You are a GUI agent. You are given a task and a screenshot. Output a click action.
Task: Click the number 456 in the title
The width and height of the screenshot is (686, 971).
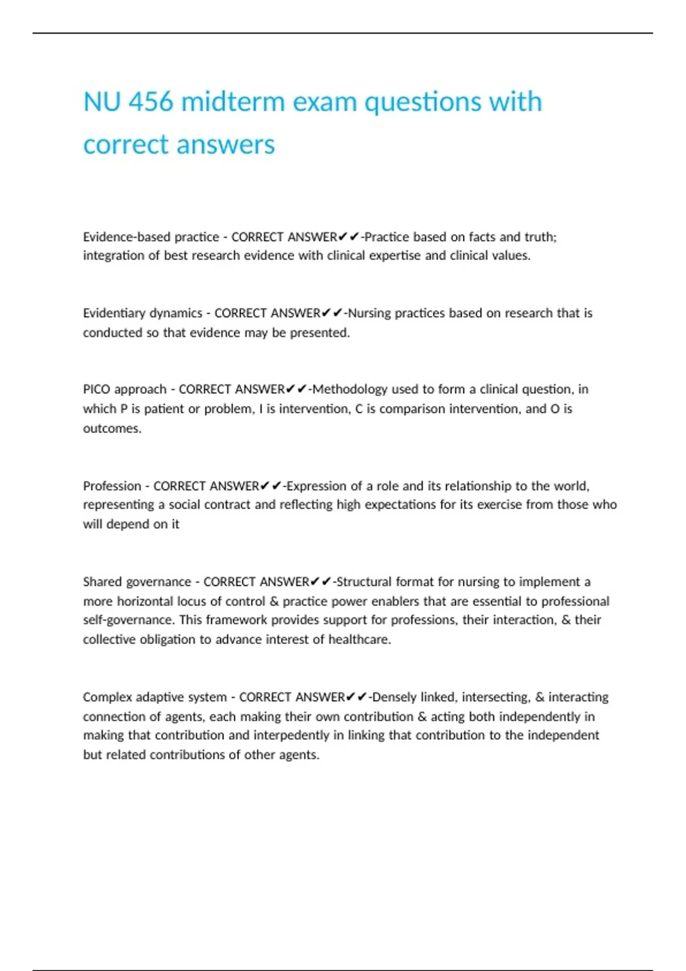tap(151, 102)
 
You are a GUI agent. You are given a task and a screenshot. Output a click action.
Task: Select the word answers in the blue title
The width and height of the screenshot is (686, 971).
tap(227, 145)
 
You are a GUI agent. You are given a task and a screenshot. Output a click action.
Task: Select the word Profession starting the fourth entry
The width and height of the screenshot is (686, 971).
tap(111, 486)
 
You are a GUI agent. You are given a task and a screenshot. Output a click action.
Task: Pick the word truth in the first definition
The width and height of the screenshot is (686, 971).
tap(539, 237)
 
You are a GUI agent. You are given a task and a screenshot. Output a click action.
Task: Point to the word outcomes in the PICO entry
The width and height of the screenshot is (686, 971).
tap(111, 428)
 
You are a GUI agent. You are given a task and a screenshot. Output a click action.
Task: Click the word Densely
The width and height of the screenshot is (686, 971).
tap(394, 697)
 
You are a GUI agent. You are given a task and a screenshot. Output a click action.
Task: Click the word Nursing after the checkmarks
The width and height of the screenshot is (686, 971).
tap(369, 313)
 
